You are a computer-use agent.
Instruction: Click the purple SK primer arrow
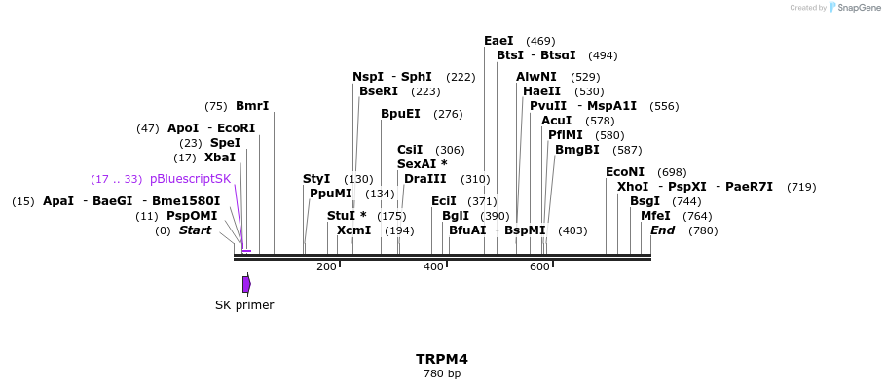246,283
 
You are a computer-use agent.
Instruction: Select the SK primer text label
244,305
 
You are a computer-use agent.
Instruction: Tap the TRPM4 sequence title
442,359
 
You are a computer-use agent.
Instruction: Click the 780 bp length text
442,373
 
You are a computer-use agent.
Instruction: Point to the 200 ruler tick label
326,266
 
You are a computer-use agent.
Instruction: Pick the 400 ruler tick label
433,266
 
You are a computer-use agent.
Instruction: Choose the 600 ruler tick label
539,266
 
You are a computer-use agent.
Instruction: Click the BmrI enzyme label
252,106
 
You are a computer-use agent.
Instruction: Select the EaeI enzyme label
498,41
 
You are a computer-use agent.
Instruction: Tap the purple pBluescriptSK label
190,179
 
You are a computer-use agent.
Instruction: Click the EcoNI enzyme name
625,172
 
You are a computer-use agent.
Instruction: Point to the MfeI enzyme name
655,216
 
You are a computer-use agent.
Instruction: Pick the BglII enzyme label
456,216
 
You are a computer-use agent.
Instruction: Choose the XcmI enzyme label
353,230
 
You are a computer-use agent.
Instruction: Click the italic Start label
195,230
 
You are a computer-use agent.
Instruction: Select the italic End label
662,230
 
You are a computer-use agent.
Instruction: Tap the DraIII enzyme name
425,179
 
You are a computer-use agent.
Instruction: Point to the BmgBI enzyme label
576,150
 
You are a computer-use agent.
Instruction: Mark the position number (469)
540,41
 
